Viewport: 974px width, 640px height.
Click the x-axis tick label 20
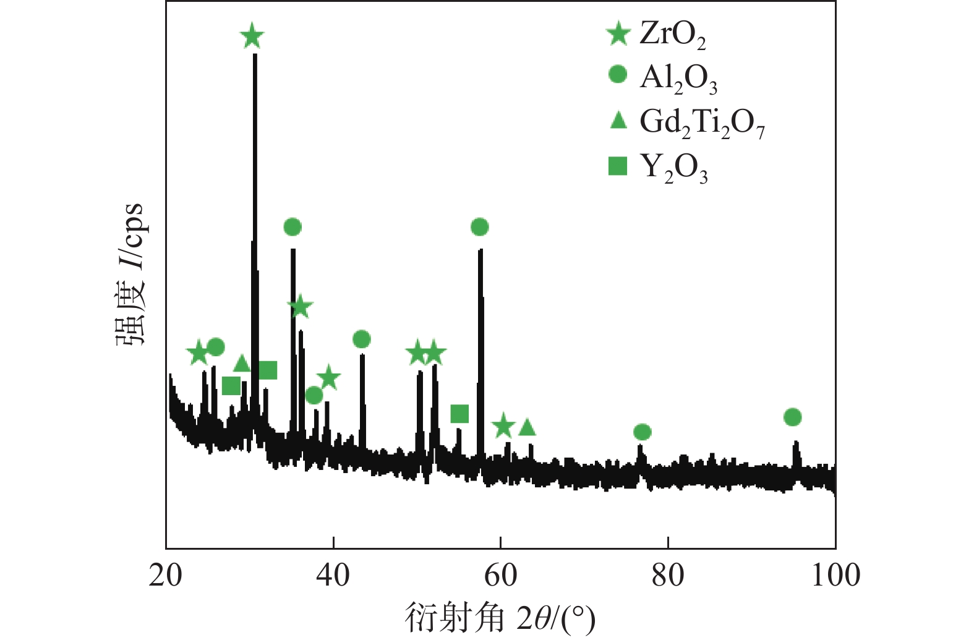click(x=166, y=576)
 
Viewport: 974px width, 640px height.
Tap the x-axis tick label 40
click(x=333, y=576)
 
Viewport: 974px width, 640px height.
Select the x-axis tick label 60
click(x=500, y=576)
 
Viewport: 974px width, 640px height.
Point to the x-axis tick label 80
click(x=668, y=576)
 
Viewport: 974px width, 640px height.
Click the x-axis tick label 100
click(x=835, y=576)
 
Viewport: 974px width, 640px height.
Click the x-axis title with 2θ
click(x=500, y=618)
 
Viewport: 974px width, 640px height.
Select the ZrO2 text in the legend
click(x=672, y=34)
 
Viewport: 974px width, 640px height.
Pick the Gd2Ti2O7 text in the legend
click(x=702, y=122)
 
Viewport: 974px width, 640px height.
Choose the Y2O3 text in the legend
click(x=673, y=167)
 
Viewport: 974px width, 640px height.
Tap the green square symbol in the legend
click(x=618, y=166)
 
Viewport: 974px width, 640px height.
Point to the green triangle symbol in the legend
click(x=618, y=120)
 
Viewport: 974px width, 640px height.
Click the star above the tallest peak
click(x=252, y=36)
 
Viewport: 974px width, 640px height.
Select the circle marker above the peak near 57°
click(x=480, y=228)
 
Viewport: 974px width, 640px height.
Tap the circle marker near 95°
click(x=792, y=417)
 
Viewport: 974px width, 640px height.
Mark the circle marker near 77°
click(x=643, y=432)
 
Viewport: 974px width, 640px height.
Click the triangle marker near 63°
click(x=527, y=427)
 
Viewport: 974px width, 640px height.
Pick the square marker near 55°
click(x=459, y=414)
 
